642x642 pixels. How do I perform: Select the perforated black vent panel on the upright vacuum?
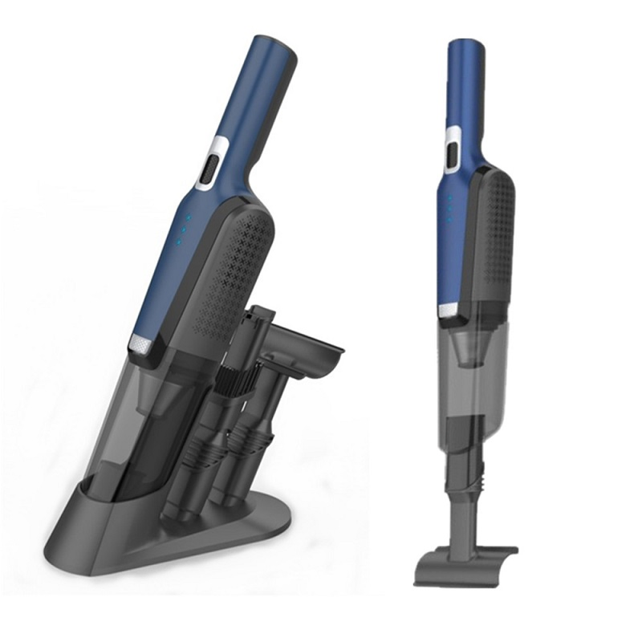tap(495, 233)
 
